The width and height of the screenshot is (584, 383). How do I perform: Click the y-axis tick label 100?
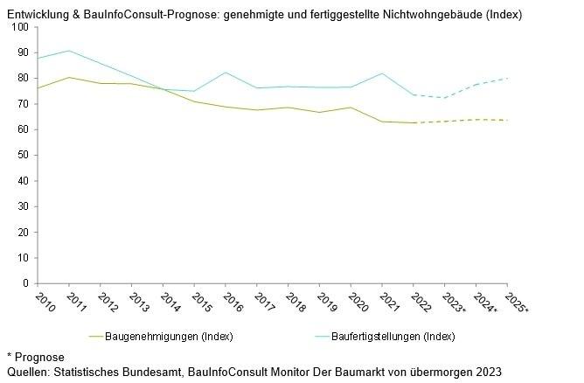click(x=21, y=27)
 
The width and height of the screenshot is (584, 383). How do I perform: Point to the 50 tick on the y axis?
click(x=24, y=155)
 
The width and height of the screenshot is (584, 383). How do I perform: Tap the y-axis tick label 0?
click(x=26, y=283)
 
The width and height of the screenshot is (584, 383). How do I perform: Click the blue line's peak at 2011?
click(x=68, y=51)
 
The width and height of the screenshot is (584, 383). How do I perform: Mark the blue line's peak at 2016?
click(x=226, y=73)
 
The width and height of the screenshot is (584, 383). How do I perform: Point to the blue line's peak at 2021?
click(x=382, y=73)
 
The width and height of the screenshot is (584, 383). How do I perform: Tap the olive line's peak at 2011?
click(x=68, y=78)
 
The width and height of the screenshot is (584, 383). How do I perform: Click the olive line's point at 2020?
click(x=351, y=108)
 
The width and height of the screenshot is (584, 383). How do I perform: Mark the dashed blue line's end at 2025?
click(x=507, y=79)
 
